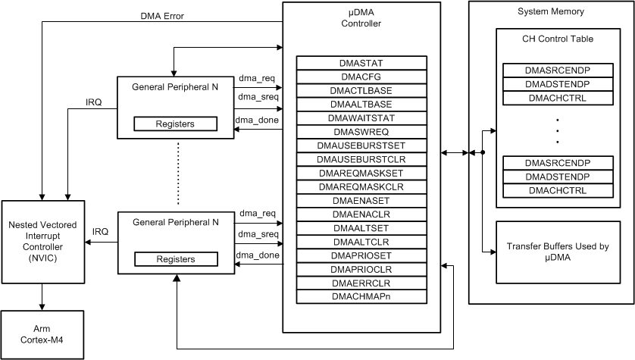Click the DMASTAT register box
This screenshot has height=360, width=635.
[x=361, y=64]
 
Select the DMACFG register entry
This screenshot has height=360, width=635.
[x=361, y=77]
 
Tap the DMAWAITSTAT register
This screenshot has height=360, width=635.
[x=361, y=118]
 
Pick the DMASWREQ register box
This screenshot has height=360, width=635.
[x=361, y=132]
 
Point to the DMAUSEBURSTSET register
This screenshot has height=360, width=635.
[x=361, y=146]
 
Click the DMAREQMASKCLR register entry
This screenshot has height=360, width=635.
[x=361, y=186]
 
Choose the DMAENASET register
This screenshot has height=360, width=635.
[x=361, y=200]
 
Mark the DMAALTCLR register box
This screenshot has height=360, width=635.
[x=361, y=241]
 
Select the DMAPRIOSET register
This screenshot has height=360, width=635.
[x=361, y=255]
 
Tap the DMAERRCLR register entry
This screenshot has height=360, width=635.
[x=361, y=282]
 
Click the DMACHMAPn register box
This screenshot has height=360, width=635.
[x=361, y=296]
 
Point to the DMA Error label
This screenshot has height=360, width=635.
[x=162, y=15]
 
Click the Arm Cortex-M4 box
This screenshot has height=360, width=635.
[x=42, y=335]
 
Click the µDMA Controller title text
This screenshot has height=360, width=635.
[x=361, y=19]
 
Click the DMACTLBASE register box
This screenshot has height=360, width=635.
[x=361, y=91]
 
